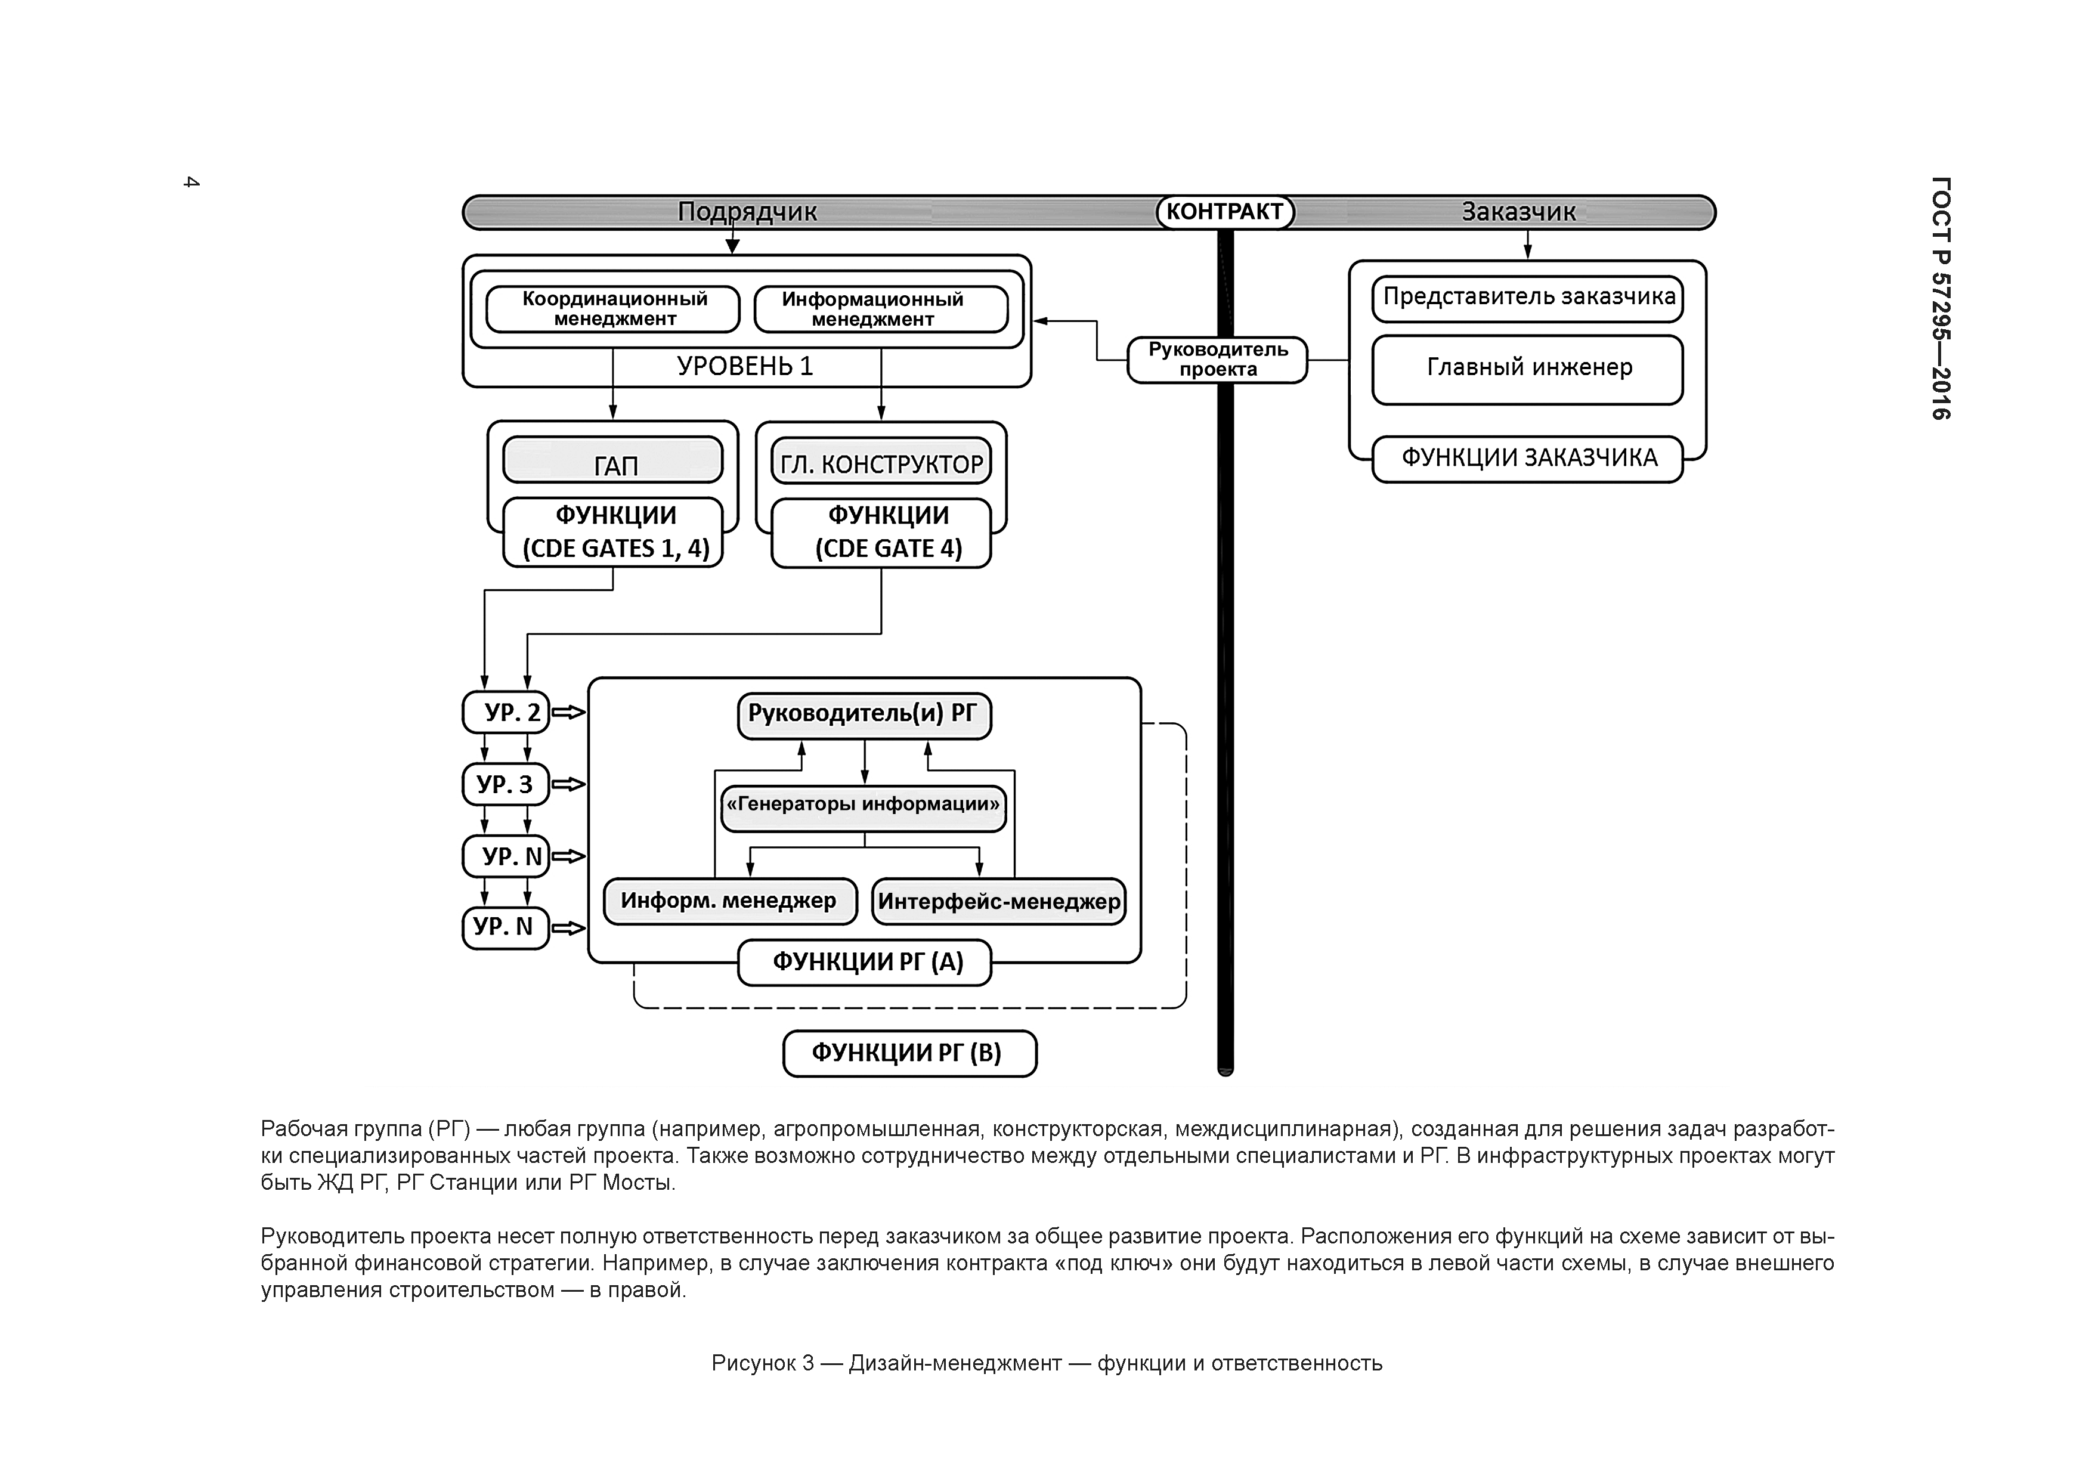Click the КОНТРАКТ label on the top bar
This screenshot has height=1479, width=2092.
(1224, 212)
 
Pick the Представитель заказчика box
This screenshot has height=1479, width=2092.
(1527, 299)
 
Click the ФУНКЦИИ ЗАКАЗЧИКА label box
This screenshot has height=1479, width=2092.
(1527, 459)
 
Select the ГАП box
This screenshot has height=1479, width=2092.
(613, 461)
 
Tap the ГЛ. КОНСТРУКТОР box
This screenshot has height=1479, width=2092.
(881, 463)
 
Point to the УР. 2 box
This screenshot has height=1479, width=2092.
(506, 713)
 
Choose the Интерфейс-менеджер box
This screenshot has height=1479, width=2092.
(999, 902)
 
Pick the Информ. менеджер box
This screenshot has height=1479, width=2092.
(730, 902)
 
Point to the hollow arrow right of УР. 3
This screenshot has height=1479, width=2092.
(568, 785)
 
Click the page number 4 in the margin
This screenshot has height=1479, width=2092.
(191, 182)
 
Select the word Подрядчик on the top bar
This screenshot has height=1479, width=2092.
(747, 212)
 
